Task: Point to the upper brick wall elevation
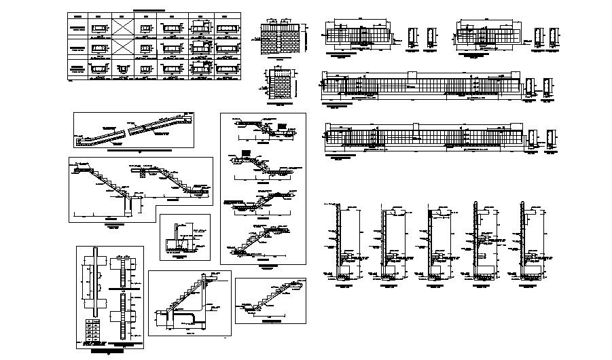pos(281,39)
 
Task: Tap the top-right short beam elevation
pos(487,34)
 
